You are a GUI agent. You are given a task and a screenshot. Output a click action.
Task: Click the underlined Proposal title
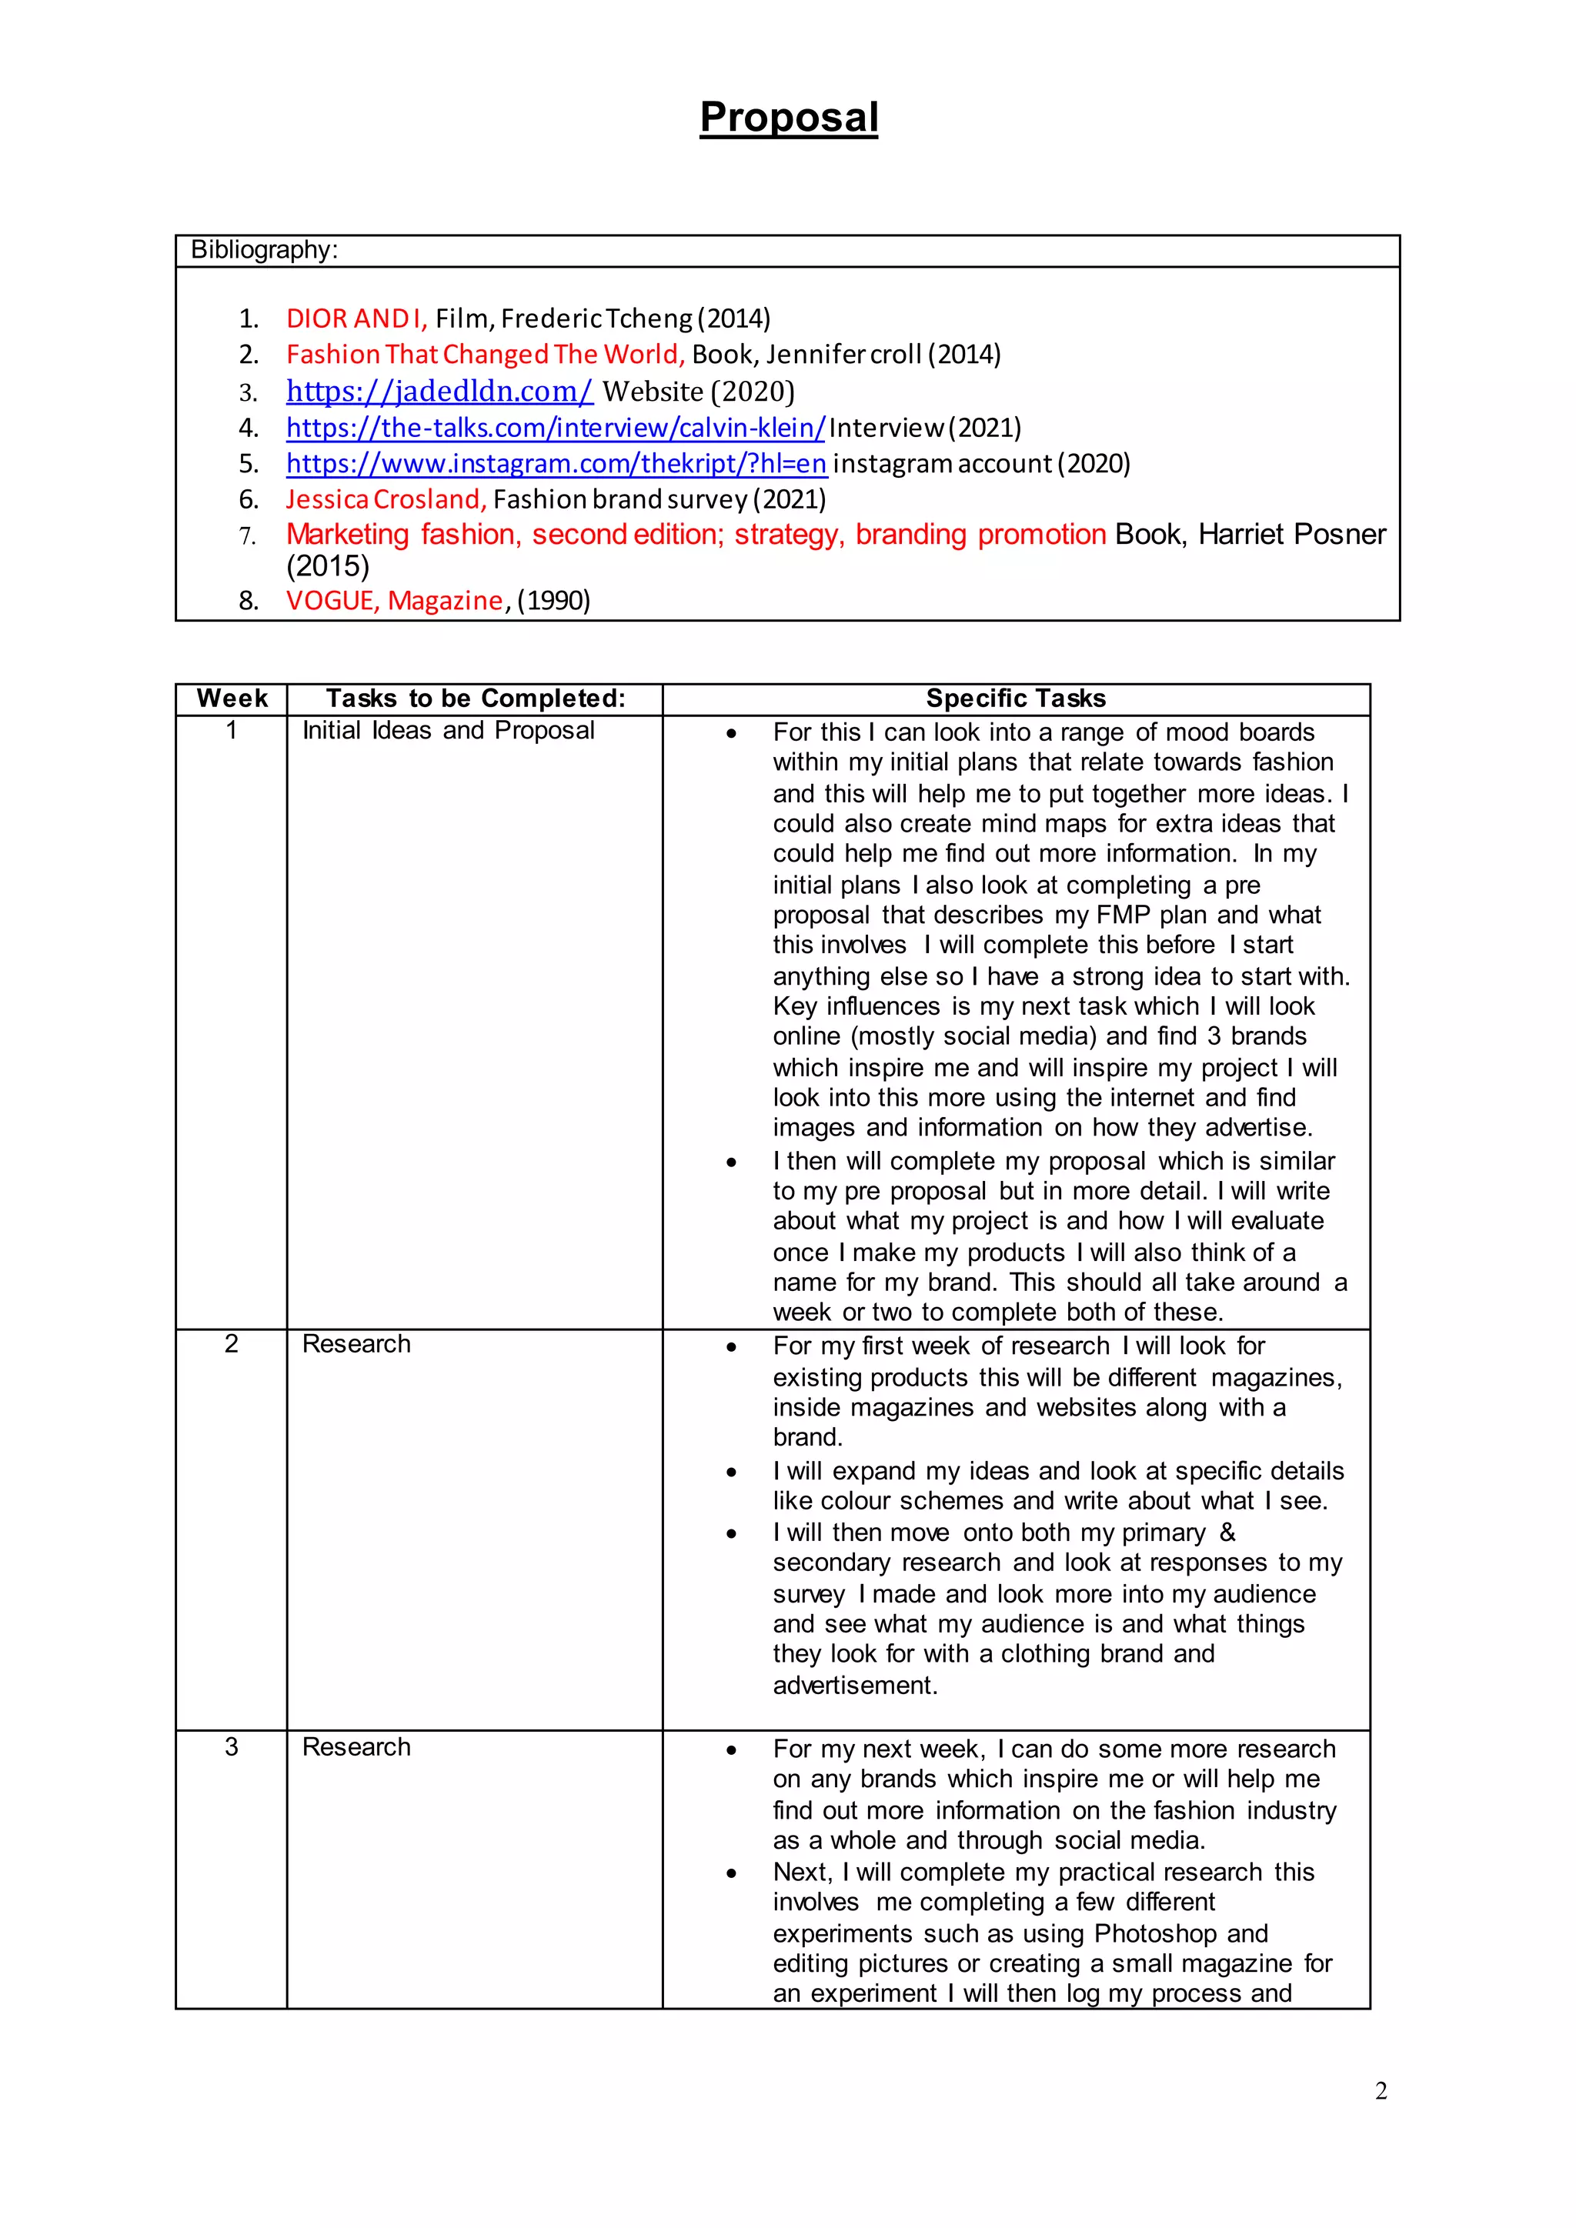click(x=788, y=118)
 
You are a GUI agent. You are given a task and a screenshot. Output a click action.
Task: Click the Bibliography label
click(x=264, y=250)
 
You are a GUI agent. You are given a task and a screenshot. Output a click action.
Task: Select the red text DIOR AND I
click(x=356, y=319)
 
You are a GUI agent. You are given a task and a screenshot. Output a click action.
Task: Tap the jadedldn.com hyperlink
click(x=439, y=391)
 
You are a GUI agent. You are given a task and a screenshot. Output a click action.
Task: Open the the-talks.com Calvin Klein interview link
click(x=555, y=428)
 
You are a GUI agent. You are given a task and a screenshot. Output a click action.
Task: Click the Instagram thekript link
click(x=556, y=464)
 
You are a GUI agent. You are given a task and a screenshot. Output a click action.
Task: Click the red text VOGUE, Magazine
click(x=395, y=601)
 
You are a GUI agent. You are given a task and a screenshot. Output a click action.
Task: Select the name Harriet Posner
click(x=1292, y=535)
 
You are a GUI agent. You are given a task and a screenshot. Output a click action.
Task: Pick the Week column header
click(x=232, y=699)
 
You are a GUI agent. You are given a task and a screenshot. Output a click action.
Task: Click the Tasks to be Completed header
click(x=476, y=699)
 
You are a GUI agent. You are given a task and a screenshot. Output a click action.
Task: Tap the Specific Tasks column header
click(x=1015, y=699)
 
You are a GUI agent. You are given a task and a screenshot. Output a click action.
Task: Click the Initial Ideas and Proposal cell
click(x=449, y=731)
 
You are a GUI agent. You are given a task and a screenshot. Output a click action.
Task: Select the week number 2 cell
click(x=231, y=1344)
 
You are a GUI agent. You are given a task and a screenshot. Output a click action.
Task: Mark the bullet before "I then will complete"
click(x=731, y=1162)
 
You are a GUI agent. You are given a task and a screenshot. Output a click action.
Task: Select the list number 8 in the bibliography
click(x=249, y=601)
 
